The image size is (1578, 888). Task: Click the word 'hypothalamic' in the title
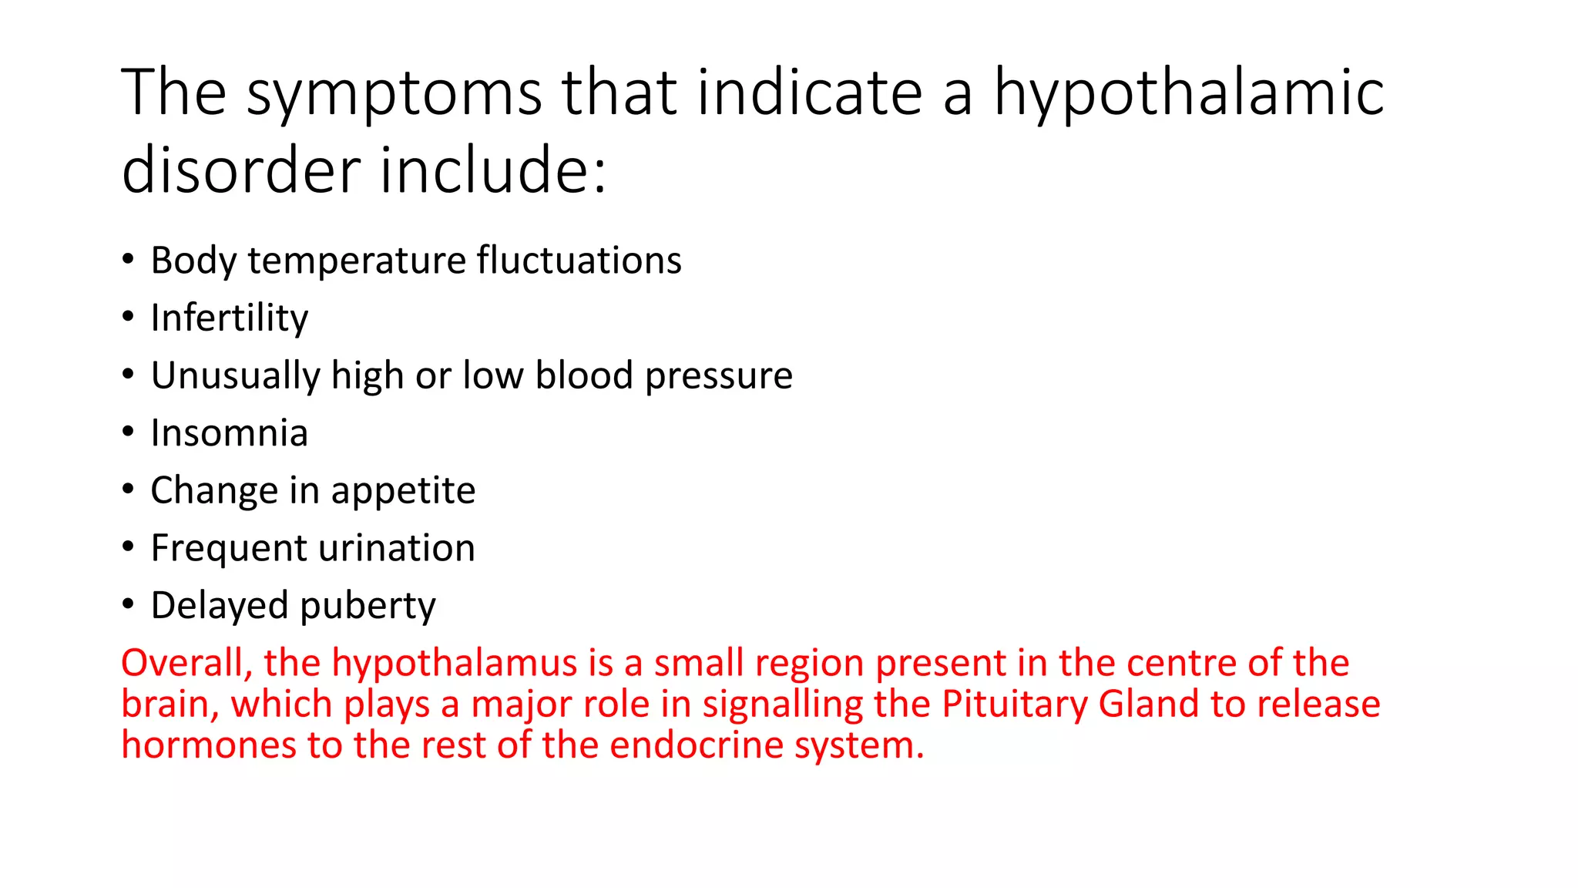point(1189,94)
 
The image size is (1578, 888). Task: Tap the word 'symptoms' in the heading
point(394,94)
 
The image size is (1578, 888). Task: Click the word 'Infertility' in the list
point(230,318)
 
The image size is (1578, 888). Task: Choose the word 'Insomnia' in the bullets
point(230,433)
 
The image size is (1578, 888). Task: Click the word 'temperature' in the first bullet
point(357,261)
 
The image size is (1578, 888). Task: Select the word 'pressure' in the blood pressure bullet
point(719,375)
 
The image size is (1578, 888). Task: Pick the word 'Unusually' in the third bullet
point(235,375)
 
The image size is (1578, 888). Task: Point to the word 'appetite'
point(403,491)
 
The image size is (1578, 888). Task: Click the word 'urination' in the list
point(397,548)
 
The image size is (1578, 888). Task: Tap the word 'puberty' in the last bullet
point(368,606)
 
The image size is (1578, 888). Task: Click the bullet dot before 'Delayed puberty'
point(128,604)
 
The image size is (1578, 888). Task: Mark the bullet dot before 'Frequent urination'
point(128,547)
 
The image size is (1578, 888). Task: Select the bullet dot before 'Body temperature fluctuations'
point(128,258)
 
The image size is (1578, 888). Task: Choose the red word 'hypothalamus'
point(455,663)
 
